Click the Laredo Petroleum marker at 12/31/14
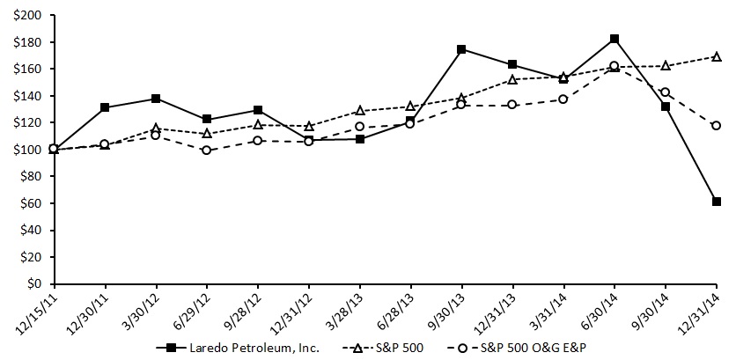[717, 202]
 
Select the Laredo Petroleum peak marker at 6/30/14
[615, 39]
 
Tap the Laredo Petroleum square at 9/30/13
[462, 49]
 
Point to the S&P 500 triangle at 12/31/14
[717, 56]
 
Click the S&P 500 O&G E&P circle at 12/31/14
[717, 125]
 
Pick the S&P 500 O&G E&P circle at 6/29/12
[207, 150]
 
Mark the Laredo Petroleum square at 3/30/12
[157, 99]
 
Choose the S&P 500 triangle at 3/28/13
[360, 111]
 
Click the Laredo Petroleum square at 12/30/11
[106, 107]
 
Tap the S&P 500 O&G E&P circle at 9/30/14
[666, 92]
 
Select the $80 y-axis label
[31, 177]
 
